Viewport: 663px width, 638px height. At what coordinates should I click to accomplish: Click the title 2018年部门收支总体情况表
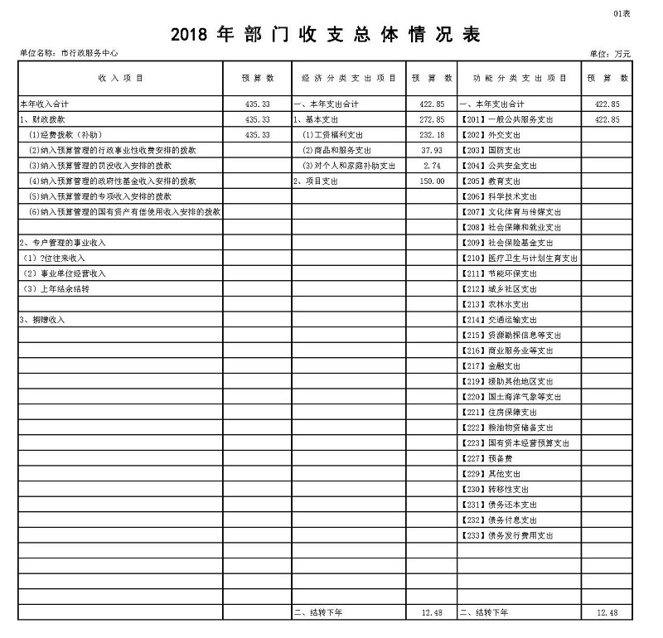click(x=326, y=35)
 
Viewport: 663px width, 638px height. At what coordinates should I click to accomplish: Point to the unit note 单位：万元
click(x=610, y=53)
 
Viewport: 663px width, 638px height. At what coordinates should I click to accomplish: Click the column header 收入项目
click(x=121, y=78)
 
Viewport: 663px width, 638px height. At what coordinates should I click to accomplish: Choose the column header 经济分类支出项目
click(x=349, y=78)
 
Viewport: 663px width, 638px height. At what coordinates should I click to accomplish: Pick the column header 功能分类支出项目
click(x=520, y=78)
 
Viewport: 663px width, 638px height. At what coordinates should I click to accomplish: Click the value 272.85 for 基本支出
click(x=433, y=119)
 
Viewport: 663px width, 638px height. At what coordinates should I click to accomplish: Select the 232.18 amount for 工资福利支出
click(x=433, y=135)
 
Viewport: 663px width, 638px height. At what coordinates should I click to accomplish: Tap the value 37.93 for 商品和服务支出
click(x=433, y=150)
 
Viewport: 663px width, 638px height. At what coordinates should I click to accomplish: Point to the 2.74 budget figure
click(x=433, y=166)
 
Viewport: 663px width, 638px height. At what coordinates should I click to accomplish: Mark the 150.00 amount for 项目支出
click(x=433, y=181)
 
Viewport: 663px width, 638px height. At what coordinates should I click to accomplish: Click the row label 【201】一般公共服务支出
click(x=506, y=119)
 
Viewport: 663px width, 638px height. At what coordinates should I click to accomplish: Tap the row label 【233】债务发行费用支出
click(x=506, y=535)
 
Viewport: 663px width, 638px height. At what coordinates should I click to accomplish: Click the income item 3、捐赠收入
click(x=41, y=319)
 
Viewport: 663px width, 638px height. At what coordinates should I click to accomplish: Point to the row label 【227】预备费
click(x=486, y=458)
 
